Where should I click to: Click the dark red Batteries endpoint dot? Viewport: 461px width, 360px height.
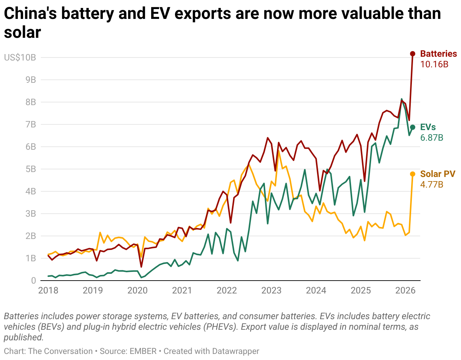click(x=413, y=54)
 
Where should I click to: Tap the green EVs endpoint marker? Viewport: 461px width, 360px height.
click(x=413, y=127)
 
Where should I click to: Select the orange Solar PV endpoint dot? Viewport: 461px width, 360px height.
click(x=413, y=174)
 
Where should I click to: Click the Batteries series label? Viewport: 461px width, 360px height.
click(x=438, y=54)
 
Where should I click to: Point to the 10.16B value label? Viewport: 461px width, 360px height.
click(x=434, y=64)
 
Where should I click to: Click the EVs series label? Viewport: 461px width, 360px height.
click(x=428, y=127)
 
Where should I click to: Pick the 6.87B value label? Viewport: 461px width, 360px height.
click(x=432, y=138)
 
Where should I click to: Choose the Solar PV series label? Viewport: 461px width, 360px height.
click(x=438, y=174)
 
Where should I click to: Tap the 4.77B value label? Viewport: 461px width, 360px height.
click(x=432, y=185)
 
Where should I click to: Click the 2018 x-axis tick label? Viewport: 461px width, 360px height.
click(x=48, y=291)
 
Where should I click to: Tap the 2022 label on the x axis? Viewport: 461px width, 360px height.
click(x=227, y=291)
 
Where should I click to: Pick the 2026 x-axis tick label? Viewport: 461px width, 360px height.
click(x=405, y=291)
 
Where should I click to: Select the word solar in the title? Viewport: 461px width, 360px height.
click(x=22, y=33)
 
